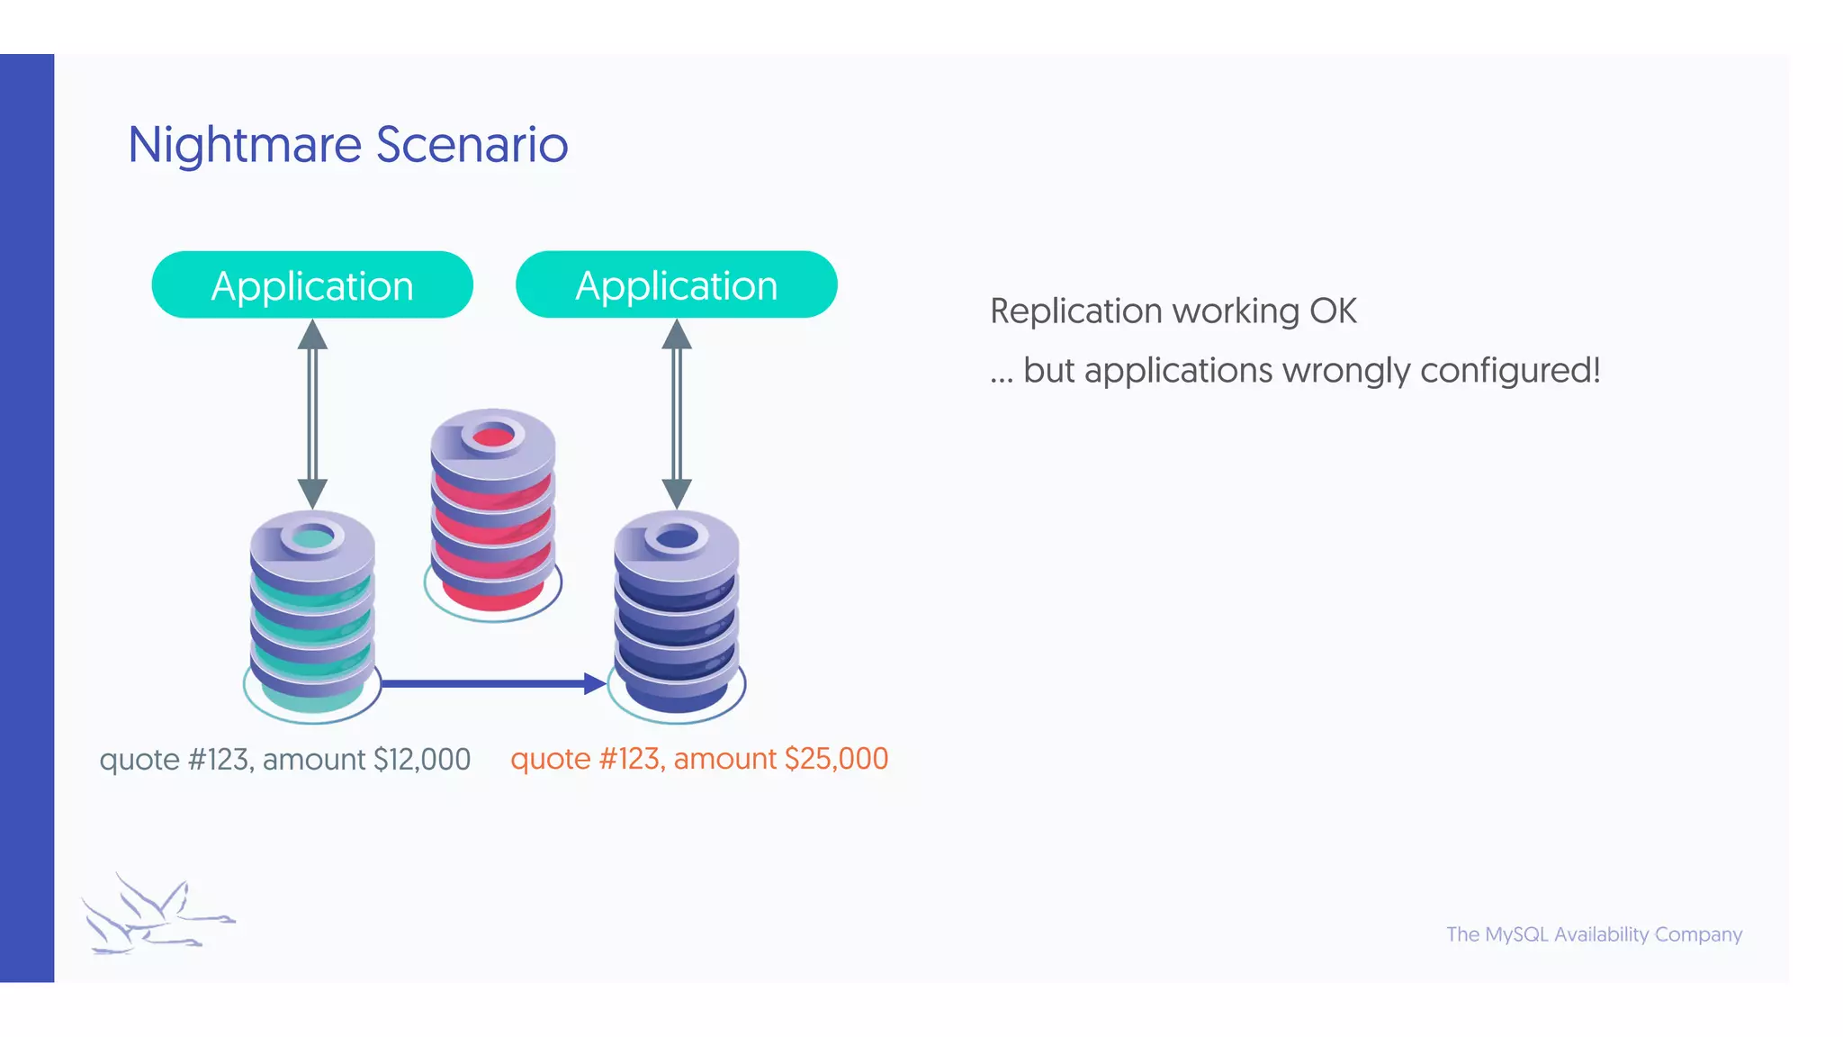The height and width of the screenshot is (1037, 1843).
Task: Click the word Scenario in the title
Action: (x=472, y=146)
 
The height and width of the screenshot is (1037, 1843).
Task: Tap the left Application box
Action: (x=312, y=285)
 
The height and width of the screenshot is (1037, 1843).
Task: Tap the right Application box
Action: (x=677, y=285)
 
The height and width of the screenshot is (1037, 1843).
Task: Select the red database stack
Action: (x=493, y=513)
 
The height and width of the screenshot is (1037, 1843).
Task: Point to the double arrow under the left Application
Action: (x=312, y=414)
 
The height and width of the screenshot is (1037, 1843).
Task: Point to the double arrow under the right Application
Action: (x=677, y=414)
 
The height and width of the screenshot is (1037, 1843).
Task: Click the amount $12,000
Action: (x=422, y=760)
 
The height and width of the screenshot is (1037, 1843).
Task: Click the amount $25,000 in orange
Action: (x=836, y=759)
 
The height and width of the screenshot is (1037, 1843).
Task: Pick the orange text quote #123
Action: (x=587, y=759)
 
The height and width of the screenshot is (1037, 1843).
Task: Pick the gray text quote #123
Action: (x=176, y=760)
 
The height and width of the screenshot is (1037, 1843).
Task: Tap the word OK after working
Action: (x=1333, y=311)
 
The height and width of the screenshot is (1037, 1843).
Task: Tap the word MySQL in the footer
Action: (x=1516, y=934)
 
